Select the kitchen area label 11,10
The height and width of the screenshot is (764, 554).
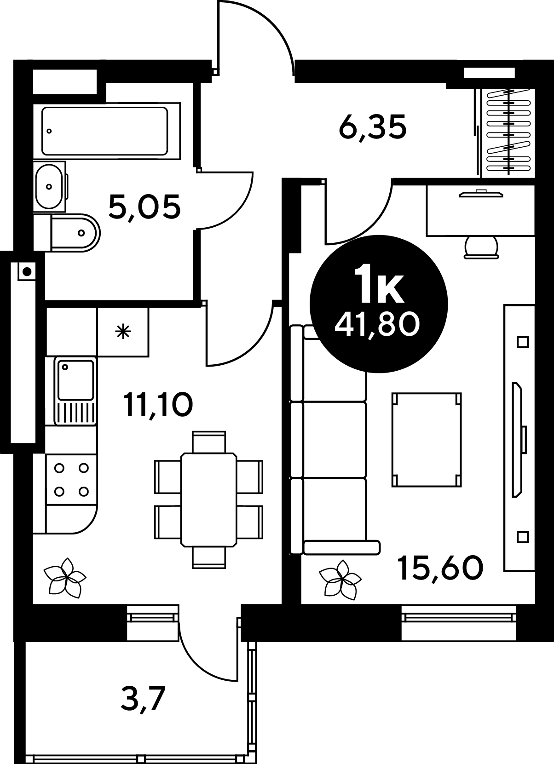click(158, 404)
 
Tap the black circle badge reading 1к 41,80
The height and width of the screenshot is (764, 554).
click(378, 304)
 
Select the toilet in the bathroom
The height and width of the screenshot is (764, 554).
click(75, 233)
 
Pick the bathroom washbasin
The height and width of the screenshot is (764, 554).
click(50, 186)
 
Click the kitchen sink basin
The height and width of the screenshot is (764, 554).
click(75, 379)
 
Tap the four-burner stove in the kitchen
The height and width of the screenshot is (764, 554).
click(71, 480)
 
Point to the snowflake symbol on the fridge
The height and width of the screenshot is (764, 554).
click(123, 332)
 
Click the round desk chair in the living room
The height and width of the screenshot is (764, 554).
click(481, 248)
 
